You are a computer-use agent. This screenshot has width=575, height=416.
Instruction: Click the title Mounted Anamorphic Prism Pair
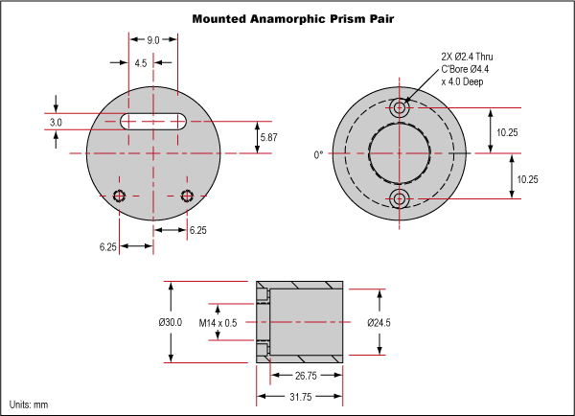pos(287,18)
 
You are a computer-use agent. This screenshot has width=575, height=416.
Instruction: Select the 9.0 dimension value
pos(153,40)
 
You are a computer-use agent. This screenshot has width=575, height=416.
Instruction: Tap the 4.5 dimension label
pos(141,63)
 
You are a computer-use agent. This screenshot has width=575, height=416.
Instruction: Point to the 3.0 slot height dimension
pos(56,123)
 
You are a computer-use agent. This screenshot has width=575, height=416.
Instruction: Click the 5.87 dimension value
pos(269,138)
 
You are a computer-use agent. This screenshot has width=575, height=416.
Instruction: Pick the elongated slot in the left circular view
pos(153,119)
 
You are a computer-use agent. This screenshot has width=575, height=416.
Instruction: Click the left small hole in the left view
pos(120,196)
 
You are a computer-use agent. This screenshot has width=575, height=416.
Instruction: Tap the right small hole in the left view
pos(187,196)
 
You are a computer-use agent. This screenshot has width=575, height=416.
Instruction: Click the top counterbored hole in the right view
pos(401,109)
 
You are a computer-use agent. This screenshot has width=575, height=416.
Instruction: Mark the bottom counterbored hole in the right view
pos(401,198)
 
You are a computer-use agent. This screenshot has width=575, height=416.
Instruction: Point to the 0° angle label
pos(319,154)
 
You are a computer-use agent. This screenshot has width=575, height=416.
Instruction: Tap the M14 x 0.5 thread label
pos(218,323)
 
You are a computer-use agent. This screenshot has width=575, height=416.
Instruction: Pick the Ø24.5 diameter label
pos(379,323)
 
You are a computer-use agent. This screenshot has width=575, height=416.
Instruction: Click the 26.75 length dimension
pos(305,376)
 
